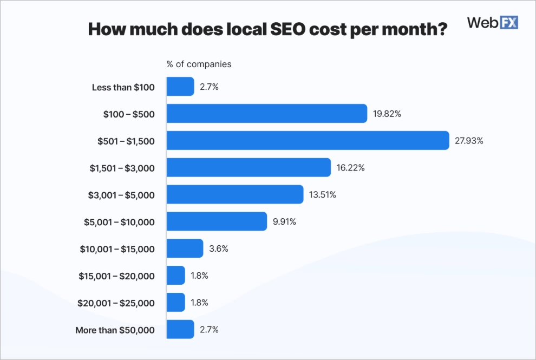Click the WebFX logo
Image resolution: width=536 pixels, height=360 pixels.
492,22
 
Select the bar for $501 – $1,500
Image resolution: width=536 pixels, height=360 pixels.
308,141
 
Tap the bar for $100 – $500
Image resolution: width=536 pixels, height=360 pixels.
267,114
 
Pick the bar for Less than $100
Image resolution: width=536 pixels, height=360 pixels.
180,87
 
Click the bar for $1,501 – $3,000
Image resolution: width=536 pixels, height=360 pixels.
249,168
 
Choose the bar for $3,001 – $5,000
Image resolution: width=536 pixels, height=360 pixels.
235,194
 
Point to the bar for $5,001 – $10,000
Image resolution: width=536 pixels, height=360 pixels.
217,221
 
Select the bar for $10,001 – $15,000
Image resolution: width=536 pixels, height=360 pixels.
185,248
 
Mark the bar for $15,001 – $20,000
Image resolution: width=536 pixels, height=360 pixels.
176,276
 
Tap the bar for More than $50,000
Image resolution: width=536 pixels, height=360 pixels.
180,329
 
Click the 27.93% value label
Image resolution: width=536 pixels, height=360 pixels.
469,141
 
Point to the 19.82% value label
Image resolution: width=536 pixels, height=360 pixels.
387,114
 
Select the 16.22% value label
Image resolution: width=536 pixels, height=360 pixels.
350,168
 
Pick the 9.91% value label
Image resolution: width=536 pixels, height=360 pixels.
284,221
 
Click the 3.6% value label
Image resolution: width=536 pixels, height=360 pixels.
218,248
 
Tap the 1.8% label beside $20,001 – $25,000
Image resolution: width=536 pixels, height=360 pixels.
199,303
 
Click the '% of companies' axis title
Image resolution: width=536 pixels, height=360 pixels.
199,64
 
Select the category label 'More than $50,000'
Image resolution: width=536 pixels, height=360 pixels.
115,330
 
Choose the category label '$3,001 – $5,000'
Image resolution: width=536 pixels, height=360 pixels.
121,195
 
